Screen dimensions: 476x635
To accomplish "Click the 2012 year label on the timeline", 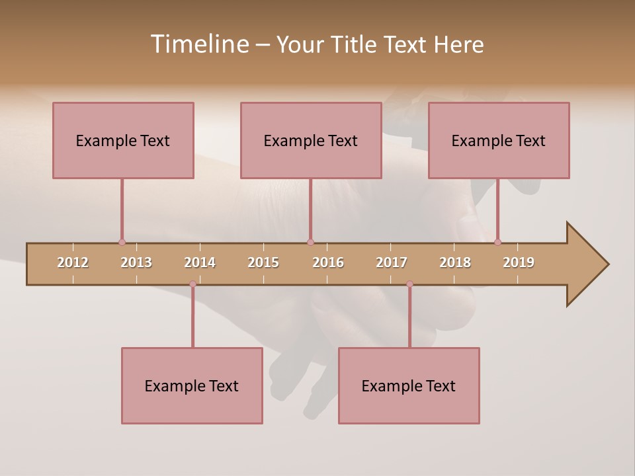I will pyautogui.click(x=73, y=262).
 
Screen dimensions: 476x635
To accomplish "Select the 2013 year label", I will pyautogui.click(x=136, y=262).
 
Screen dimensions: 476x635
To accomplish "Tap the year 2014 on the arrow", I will pyautogui.click(x=200, y=262).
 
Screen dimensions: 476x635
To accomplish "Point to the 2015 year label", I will pyautogui.click(x=263, y=262).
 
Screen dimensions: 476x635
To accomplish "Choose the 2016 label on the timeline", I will pyautogui.click(x=328, y=262).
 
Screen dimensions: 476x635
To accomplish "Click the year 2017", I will pyautogui.click(x=392, y=262).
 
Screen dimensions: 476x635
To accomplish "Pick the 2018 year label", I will pyautogui.click(x=455, y=262).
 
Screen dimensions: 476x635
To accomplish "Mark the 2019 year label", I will pyautogui.click(x=519, y=262).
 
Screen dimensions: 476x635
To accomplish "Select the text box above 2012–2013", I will pyautogui.click(x=123, y=140).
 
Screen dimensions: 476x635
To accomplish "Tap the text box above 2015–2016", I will pyautogui.click(x=311, y=140).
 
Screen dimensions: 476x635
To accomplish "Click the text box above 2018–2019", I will pyautogui.click(x=499, y=140).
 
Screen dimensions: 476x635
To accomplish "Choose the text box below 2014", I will pyautogui.click(x=192, y=385).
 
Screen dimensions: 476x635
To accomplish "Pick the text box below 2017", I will pyautogui.click(x=409, y=385).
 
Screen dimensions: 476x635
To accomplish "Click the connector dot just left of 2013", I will pyautogui.click(x=122, y=242).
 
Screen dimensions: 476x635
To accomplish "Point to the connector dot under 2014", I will pyautogui.click(x=192, y=284).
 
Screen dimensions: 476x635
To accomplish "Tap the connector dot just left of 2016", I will pyautogui.click(x=310, y=242).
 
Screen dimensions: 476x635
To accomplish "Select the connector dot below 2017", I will pyautogui.click(x=409, y=284).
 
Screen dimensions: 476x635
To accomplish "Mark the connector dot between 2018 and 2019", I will pyautogui.click(x=497, y=242).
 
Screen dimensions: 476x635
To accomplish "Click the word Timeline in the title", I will pyautogui.click(x=198, y=44).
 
